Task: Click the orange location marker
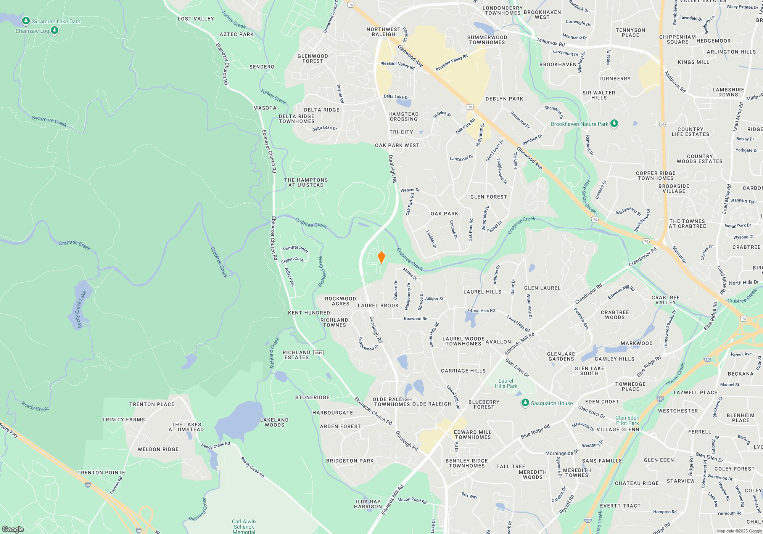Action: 381,257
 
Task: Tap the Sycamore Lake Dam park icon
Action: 26,21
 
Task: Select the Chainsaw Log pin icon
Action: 55,31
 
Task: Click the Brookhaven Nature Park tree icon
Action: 614,124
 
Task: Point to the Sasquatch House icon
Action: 525,403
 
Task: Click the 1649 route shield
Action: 318,353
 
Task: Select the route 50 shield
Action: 662,124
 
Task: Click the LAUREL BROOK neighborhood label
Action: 378,306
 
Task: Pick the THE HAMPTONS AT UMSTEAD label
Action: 306,182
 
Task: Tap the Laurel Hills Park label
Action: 506,383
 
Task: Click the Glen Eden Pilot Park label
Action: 627,420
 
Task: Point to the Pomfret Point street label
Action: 295,249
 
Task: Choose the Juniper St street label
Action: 434,299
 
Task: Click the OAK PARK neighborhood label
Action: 444,214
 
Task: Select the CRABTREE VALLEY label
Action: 666,300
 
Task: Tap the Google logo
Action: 13,529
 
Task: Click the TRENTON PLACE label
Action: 152,404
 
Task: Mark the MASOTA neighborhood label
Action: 265,108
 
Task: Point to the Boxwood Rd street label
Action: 415,318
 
